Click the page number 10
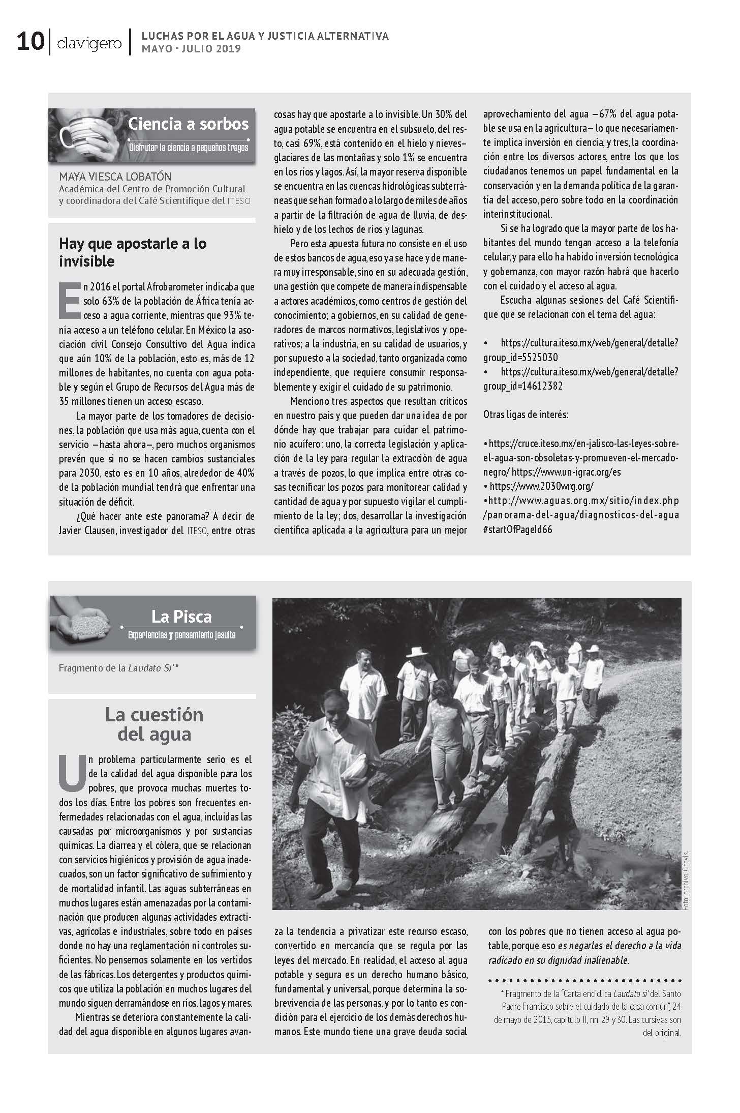click(30, 41)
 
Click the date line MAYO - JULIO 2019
click(191, 49)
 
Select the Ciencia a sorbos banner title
click(188, 124)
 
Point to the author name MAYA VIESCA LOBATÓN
click(115, 177)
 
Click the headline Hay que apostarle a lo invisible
click(133, 252)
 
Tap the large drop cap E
click(70, 299)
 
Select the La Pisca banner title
click(181, 617)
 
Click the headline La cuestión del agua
click(154, 724)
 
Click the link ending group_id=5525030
click(580, 350)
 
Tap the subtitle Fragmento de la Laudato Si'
click(118, 667)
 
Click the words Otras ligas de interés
click(526, 415)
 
